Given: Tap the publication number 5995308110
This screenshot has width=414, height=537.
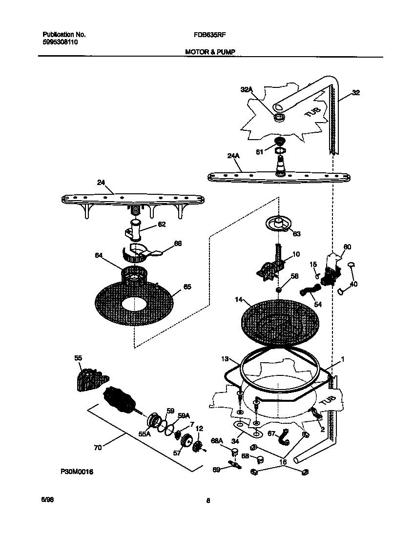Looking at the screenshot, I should pos(60,42).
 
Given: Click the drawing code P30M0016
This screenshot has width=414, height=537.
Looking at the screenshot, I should pos(77,472).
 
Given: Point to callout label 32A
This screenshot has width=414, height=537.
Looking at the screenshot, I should pos(247,89).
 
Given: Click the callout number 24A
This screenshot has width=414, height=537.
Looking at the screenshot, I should pos(233,157).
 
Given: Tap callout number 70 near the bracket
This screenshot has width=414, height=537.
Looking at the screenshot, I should pos(98,447).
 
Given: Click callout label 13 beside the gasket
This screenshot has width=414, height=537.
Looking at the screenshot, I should pos(224,359).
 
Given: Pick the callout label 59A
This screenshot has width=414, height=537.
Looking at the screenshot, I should pos(183,415).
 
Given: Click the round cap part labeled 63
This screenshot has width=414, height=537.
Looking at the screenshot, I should pos(277,225).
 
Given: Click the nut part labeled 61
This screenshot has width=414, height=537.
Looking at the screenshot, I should pos(280,142).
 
